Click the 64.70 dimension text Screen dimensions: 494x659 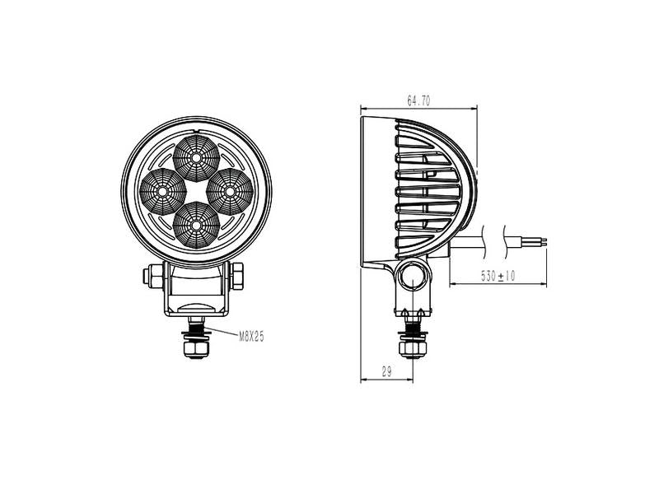click(x=418, y=101)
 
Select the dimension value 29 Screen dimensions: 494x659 click(x=386, y=373)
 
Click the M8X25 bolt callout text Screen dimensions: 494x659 click(x=250, y=336)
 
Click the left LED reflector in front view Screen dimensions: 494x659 click(x=164, y=190)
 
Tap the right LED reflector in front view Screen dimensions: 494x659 click(x=229, y=189)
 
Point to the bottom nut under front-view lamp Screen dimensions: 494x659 click(x=196, y=351)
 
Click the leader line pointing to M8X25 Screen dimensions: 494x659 click(x=222, y=333)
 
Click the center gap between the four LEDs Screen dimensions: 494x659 click(x=197, y=189)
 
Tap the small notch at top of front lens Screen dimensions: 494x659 click(x=196, y=131)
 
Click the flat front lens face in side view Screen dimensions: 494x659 click(x=363, y=189)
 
